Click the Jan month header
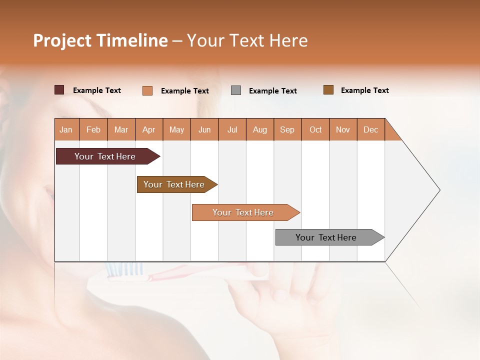pyautogui.click(x=66, y=129)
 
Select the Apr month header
pyautogui.click(x=148, y=129)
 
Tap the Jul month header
pyautogui.click(x=232, y=129)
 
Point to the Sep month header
pyautogui.click(x=287, y=129)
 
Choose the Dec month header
pyautogui.click(x=370, y=129)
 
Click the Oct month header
pyautogui.click(x=315, y=129)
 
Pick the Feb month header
pyautogui.click(x=93, y=129)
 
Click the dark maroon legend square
pyautogui.click(x=59, y=90)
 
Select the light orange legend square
pyautogui.click(x=147, y=90)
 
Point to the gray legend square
pyautogui.click(x=236, y=90)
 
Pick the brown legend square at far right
pyautogui.click(x=328, y=90)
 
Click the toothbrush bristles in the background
pyautogui.click(x=124, y=270)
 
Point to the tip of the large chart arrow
pyautogui.click(x=439, y=190)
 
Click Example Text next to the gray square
pyautogui.click(x=272, y=91)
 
